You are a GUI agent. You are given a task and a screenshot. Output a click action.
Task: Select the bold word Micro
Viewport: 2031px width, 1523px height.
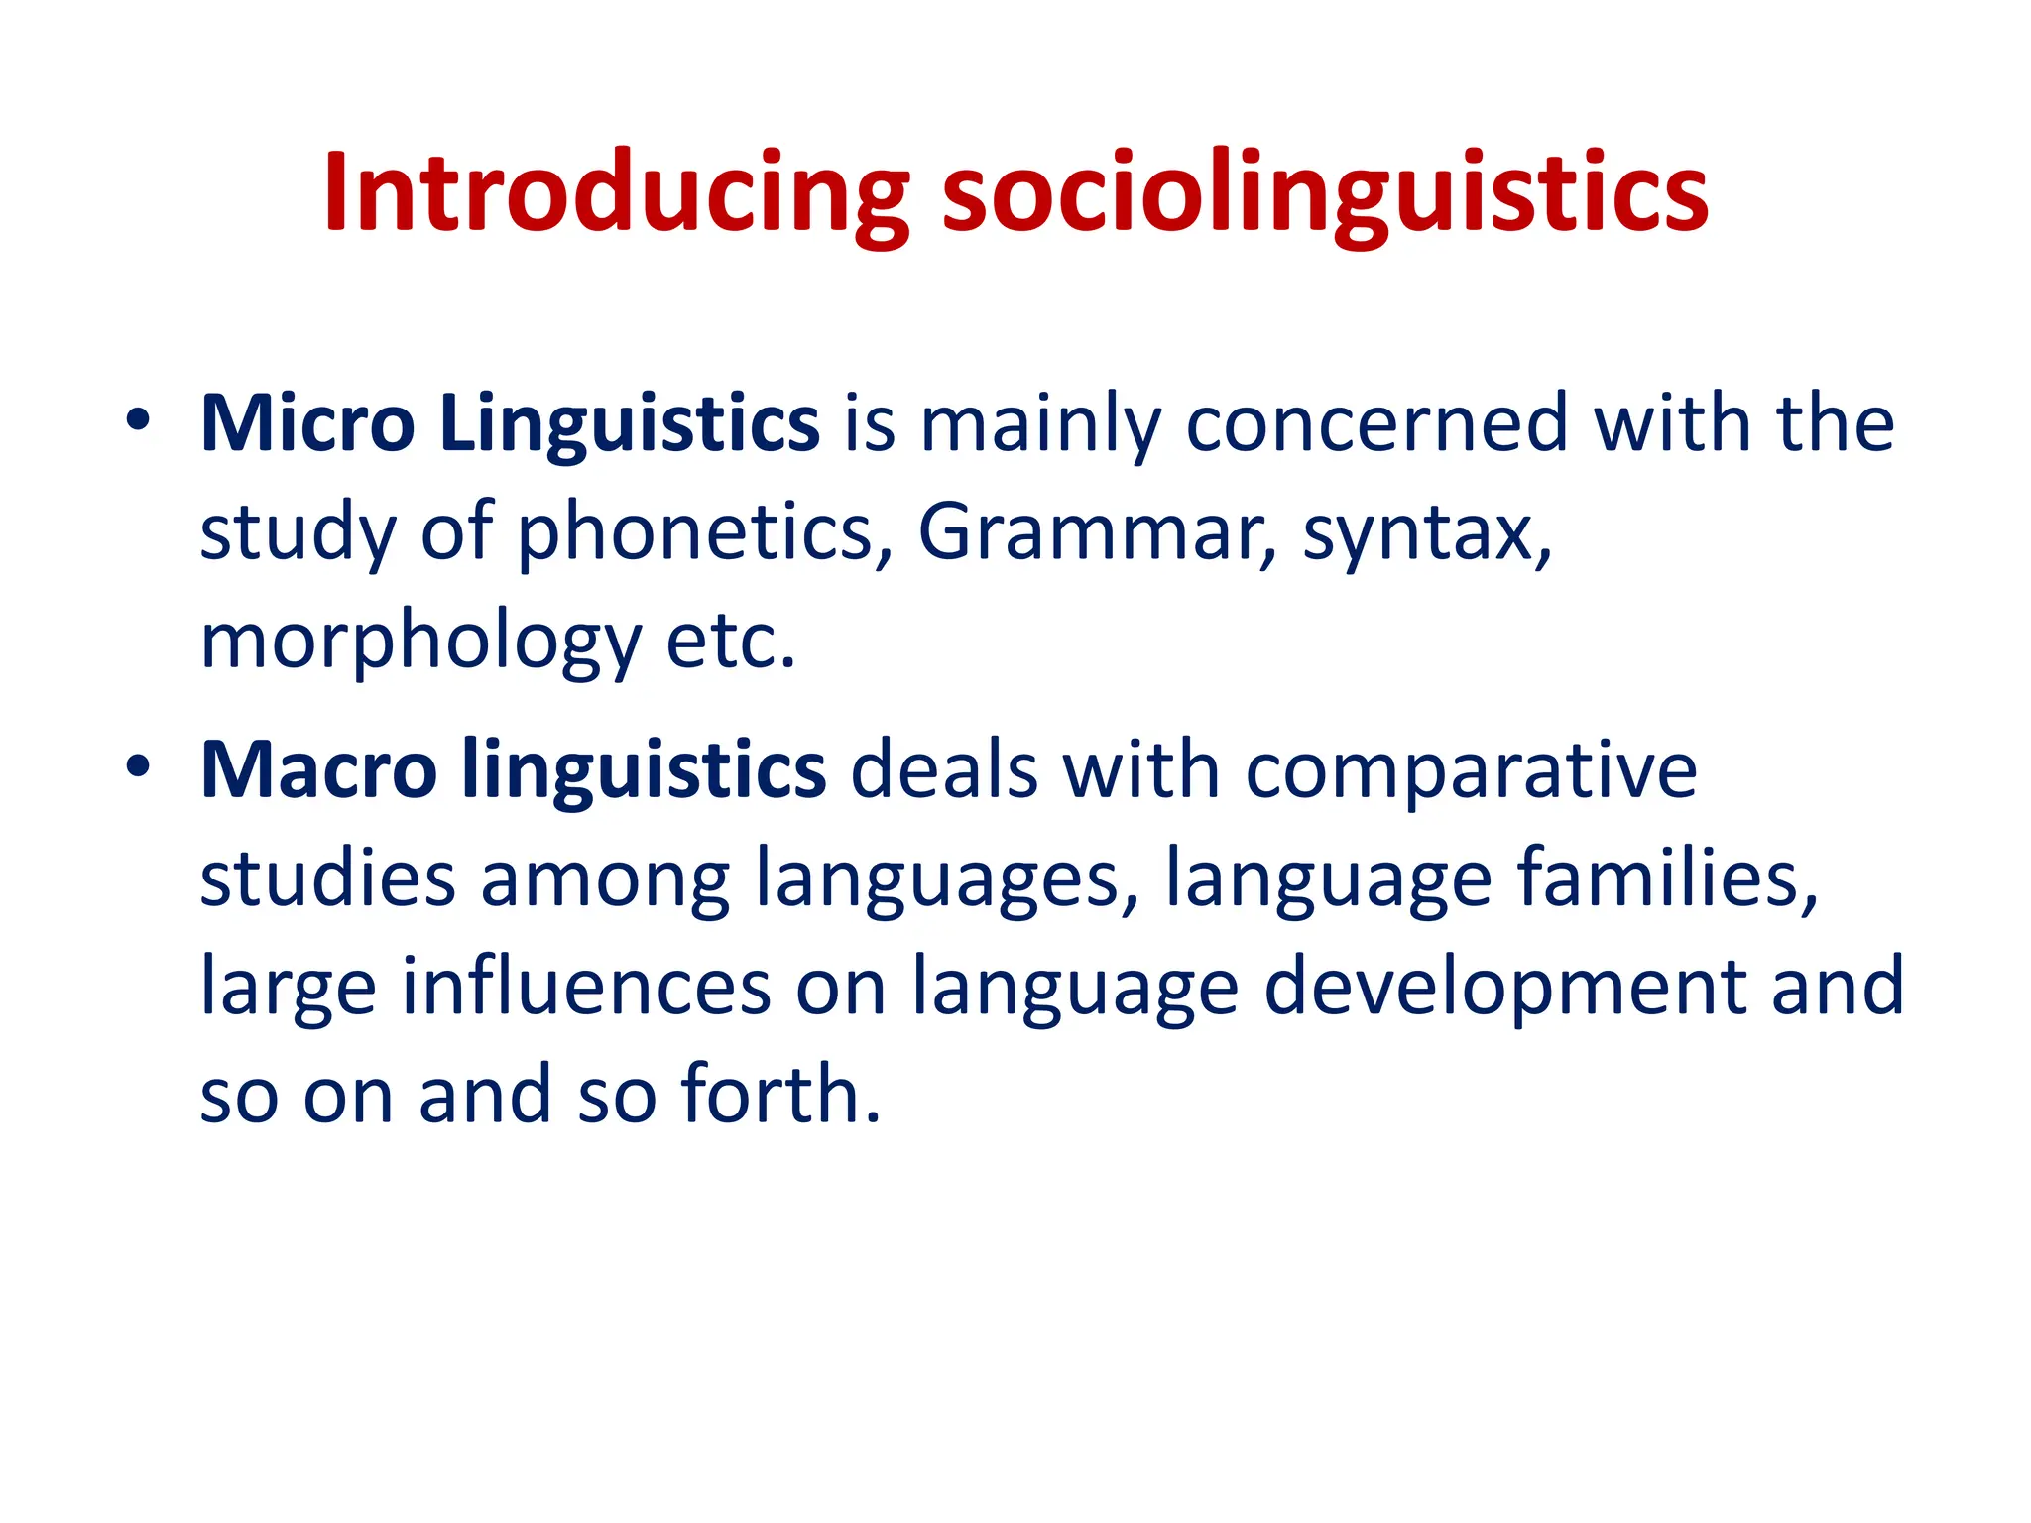pos(307,424)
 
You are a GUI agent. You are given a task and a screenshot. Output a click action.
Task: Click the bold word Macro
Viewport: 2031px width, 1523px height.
pos(318,770)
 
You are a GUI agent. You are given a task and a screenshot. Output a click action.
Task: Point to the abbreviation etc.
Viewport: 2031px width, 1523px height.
pos(730,642)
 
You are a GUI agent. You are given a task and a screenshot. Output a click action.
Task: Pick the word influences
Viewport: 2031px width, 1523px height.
pos(585,987)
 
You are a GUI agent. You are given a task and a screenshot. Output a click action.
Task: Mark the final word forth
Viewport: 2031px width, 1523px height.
pos(779,1095)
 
